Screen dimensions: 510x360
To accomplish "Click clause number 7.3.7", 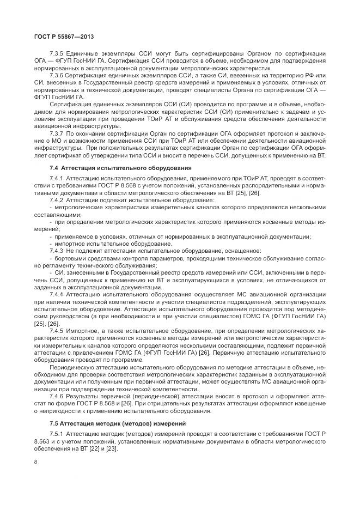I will coord(57,132).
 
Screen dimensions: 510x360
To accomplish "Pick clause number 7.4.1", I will coord(57,178).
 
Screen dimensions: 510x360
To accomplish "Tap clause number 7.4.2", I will coord(57,201).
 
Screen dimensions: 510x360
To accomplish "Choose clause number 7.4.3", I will coord(57,250).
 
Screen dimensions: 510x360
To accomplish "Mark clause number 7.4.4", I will coord(57,293).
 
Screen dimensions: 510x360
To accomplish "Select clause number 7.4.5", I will coord(57,330).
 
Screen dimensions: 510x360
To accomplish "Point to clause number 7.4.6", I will coord(57,396).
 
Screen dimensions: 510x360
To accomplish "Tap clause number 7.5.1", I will coord(57,433).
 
